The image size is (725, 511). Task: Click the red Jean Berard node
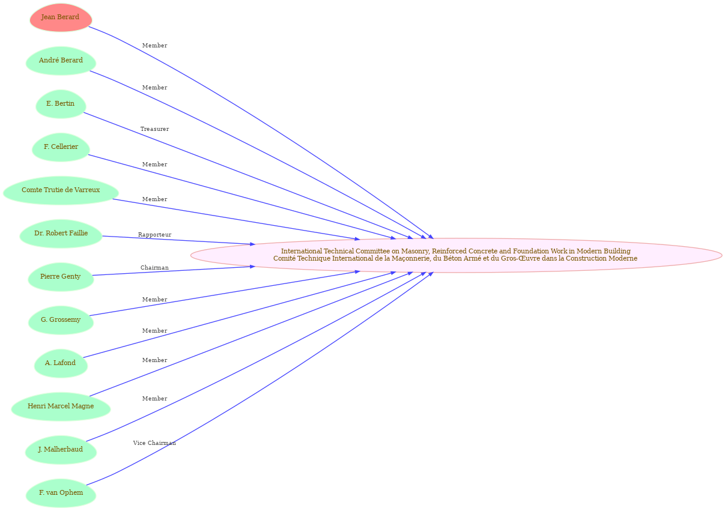(x=61, y=17)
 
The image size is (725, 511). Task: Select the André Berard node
(x=61, y=61)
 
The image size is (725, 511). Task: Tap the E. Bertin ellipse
(x=61, y=104)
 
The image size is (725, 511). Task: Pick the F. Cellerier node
(x=61, y=147)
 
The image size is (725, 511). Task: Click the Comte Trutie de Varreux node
(x=61, y=190)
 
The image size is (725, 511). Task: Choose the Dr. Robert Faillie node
(x=61, y=234)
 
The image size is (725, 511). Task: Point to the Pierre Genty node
(x=61, y=277)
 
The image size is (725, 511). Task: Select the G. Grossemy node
(x=61, y=320)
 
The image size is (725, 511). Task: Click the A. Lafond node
(x=61, y=363)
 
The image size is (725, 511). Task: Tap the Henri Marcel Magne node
(x=61, y=407)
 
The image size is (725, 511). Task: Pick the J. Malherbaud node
(x=61, y=450)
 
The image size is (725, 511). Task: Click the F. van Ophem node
(x=61, y=493)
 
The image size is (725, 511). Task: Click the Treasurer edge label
(x=155, y=129)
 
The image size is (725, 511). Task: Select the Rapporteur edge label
(x=155, y=235)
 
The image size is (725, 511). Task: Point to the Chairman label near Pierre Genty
(x=155, y=268)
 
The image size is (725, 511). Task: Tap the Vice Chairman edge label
(x=155, y=443)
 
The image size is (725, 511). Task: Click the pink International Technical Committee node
(x=457, y=255)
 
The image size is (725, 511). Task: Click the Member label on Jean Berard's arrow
(x=155, y=46)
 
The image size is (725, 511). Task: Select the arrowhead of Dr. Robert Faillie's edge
(x=252, y=244)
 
